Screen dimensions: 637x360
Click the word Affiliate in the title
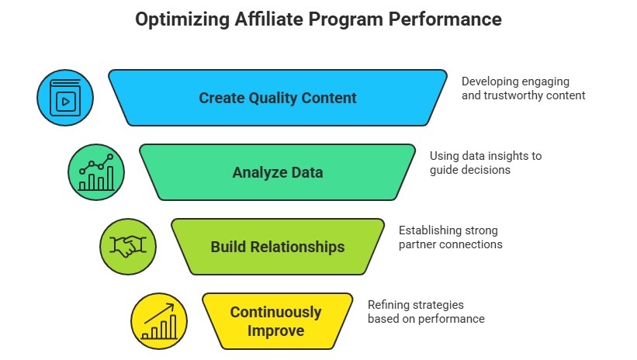click(x=268, y=19)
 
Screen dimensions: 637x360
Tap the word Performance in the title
click(x=445, y=19)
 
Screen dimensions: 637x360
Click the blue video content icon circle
click(x=65, y=98)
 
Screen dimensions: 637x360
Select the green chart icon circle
click(x=96, y=172)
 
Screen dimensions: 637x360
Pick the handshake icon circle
click(x=128, y=247)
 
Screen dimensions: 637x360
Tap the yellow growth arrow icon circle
click(x=159, y=321)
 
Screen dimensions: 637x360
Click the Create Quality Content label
click(x=278, y=98)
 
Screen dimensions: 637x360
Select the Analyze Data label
click(x=278, y=172)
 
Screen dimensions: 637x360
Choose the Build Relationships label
click(x=278, y=247)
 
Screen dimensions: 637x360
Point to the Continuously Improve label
click(x=276, y=321)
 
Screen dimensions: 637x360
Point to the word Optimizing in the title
click(x=182, y=19)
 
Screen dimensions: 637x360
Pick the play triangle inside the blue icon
click(x=66, y=102)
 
